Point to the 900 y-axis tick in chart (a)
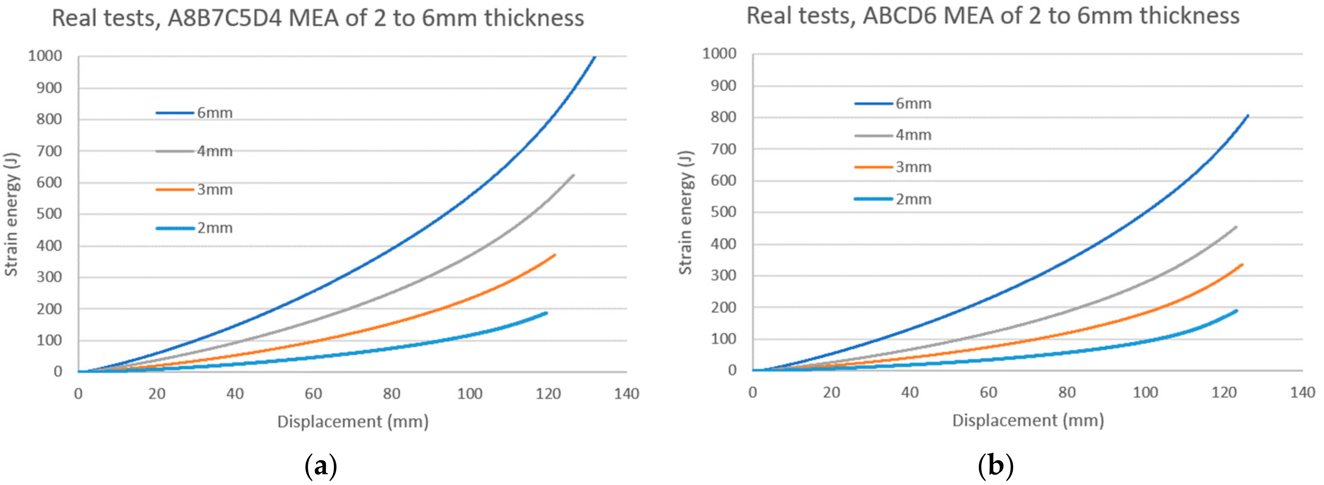(x=49, y=88)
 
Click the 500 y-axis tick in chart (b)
(x=723, y=212)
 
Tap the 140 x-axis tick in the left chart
(x=626, y=394)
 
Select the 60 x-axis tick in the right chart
(x=988, y=392)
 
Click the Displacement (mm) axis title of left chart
(x=353, y=422)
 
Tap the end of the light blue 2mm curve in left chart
(x=546, y=313)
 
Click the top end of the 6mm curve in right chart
(x=1247, y=116)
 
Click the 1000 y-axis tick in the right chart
(x=719, y=54)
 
